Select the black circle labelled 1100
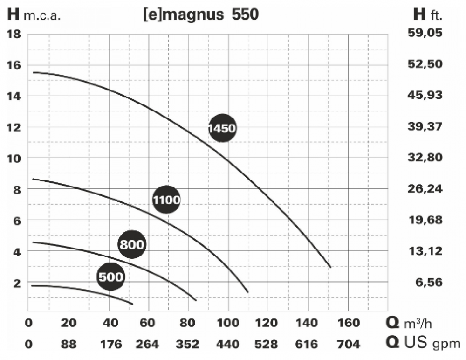coord(166,200)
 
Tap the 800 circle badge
coord(132,244)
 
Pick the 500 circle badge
coord(111,277)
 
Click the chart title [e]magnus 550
coord(201,15)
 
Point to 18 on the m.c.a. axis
coord(14,34)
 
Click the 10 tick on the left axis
coord(14,158)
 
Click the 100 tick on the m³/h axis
coord(228,323)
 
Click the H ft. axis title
coord(428,15)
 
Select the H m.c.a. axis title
coord(34,15)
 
